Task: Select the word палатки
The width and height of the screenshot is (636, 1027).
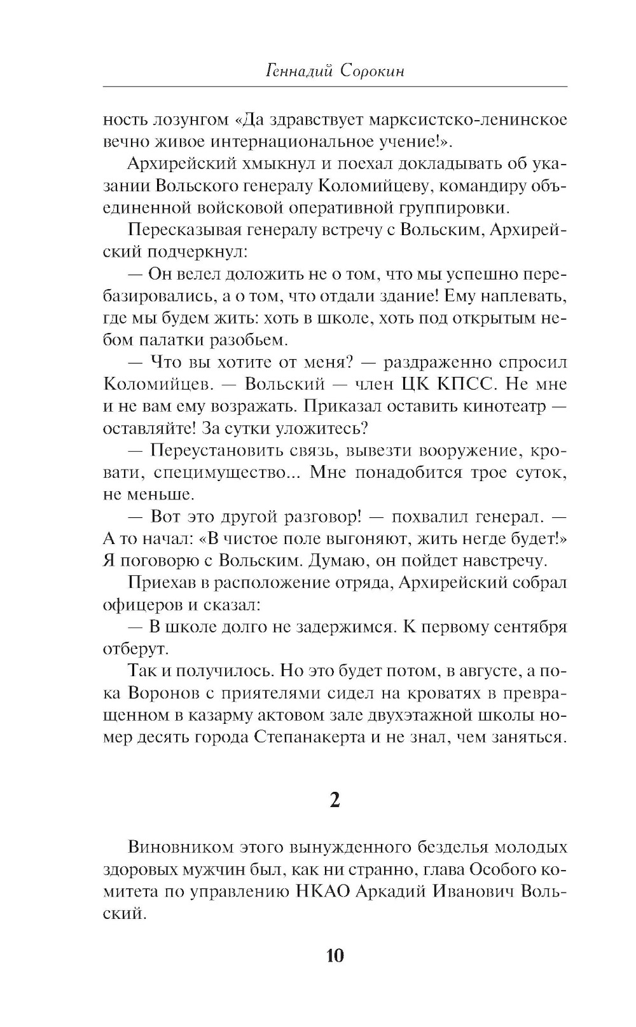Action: (166, 340)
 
